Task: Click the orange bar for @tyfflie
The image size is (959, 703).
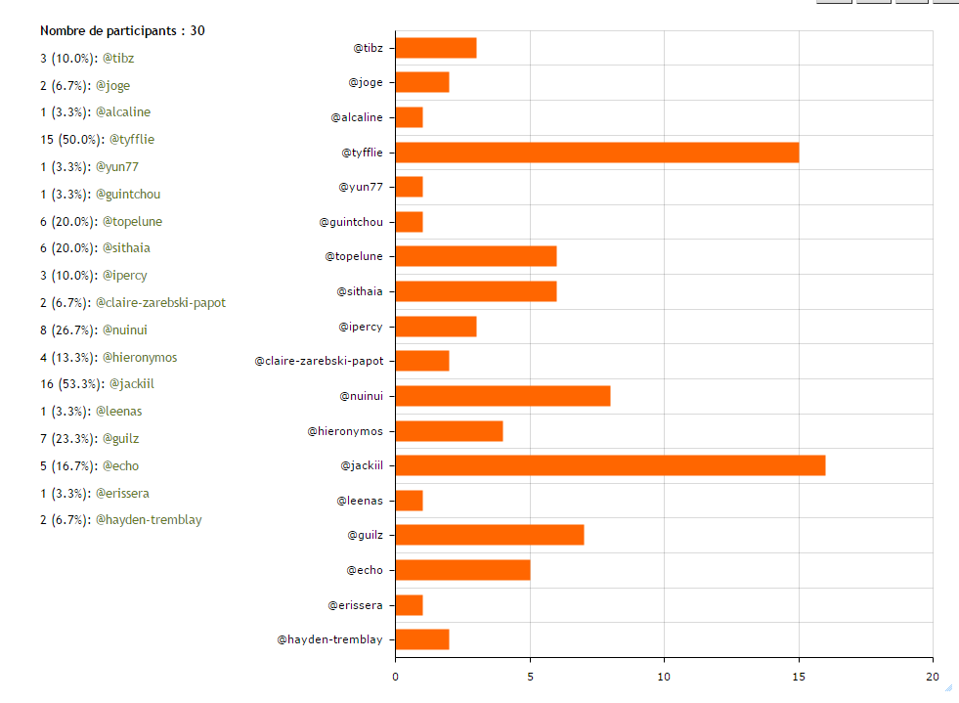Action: coord(596,153)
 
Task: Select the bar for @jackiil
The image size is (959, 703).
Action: coord(610,465)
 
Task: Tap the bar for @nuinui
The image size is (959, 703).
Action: coord(502,396)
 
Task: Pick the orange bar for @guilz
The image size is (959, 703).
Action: coord(489,535)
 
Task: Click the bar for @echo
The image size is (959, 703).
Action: coord(462,570)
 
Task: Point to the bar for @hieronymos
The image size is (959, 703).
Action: coord(449,431)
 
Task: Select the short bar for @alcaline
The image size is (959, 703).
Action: coord(409,117)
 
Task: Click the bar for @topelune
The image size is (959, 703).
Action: coord(475,256)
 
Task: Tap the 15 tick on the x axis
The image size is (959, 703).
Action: coord(799,676)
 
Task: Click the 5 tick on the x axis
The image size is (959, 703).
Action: coord(530,676)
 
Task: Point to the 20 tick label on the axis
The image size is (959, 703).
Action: coord(932,676)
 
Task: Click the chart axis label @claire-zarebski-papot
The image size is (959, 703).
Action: coord(319,361)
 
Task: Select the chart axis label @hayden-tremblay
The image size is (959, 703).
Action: coord(329,639)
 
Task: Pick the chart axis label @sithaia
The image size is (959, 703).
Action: coord(360,291)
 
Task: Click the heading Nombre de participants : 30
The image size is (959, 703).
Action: coord(122,30)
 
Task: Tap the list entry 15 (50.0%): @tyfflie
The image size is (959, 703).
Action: coord(97,139)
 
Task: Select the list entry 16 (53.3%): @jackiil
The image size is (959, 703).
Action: coord(97,383)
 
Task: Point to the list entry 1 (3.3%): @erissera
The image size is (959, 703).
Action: coord(94,493)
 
